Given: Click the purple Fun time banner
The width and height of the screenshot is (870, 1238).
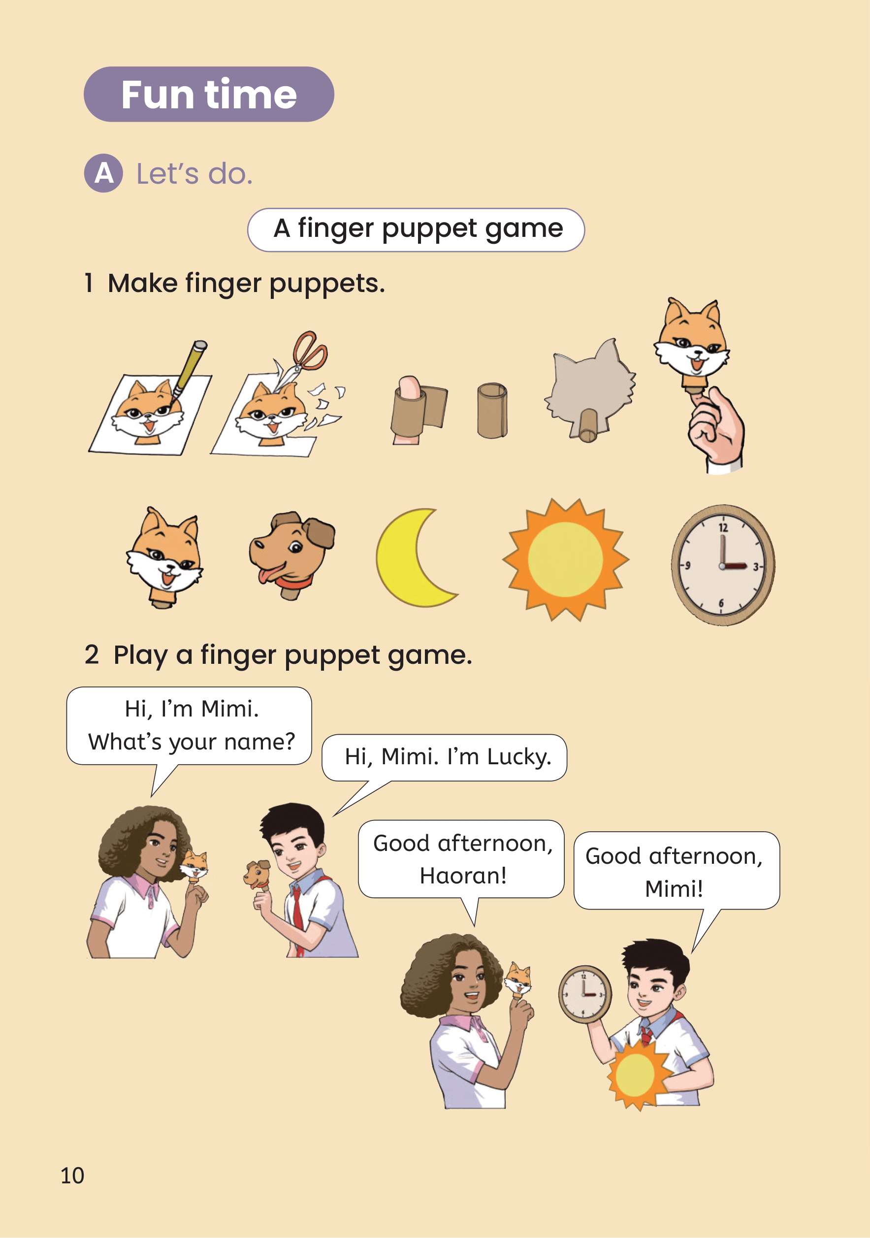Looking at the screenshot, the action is coord(209,95).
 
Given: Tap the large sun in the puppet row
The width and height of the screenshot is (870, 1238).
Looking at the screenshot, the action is coord(565,559).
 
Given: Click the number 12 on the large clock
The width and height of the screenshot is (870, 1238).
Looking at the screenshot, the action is coord(723,527).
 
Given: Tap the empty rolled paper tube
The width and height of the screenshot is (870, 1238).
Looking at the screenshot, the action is coord(491,410).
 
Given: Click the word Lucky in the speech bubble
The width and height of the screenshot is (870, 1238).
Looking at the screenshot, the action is coord(519,757).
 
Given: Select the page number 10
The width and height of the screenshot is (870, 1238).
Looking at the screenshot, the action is coord(72,1175).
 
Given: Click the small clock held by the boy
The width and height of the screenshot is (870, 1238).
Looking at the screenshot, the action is coord(585,994).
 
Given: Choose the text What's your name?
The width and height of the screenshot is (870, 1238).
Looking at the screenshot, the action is coord(192,743).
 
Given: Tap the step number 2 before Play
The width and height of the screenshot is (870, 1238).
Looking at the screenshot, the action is coord(92,655).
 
